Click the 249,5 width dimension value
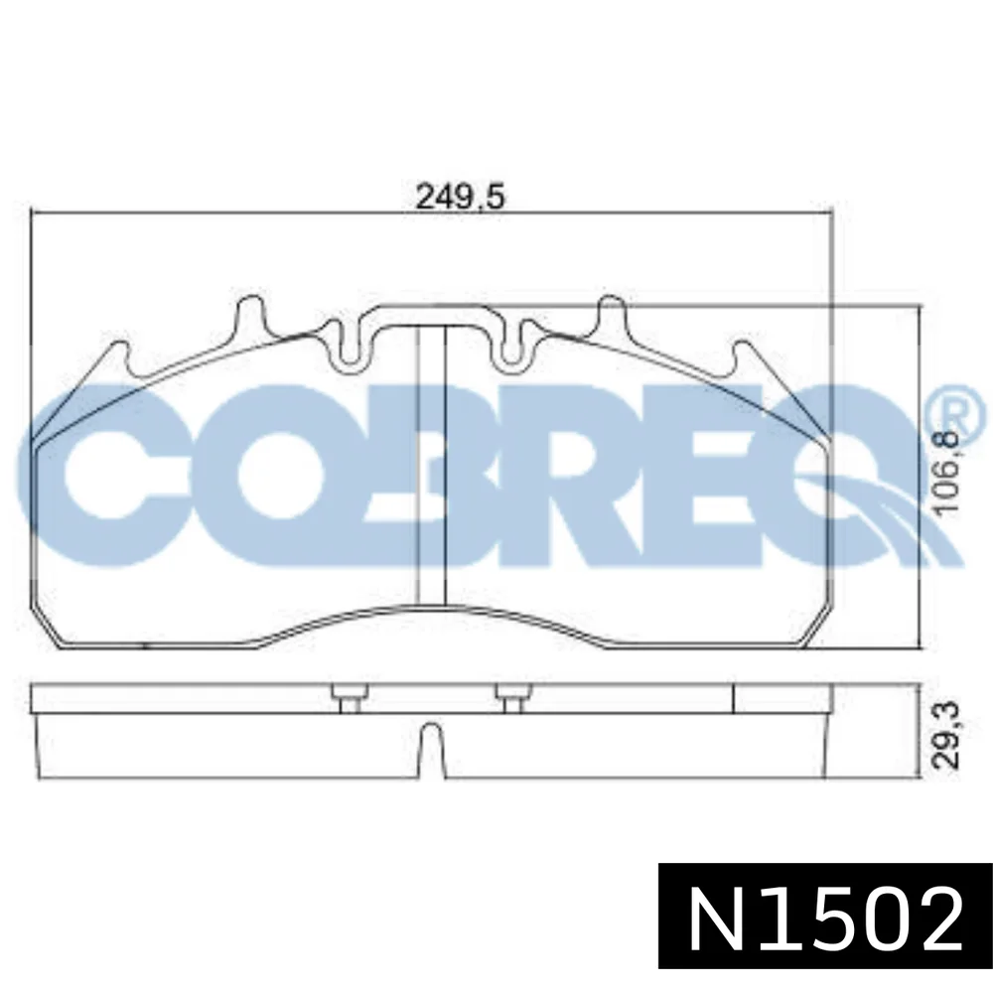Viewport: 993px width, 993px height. pyautogui.click(x=461, y=197)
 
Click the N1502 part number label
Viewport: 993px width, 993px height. pyautogui.click(x=825, y=918)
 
